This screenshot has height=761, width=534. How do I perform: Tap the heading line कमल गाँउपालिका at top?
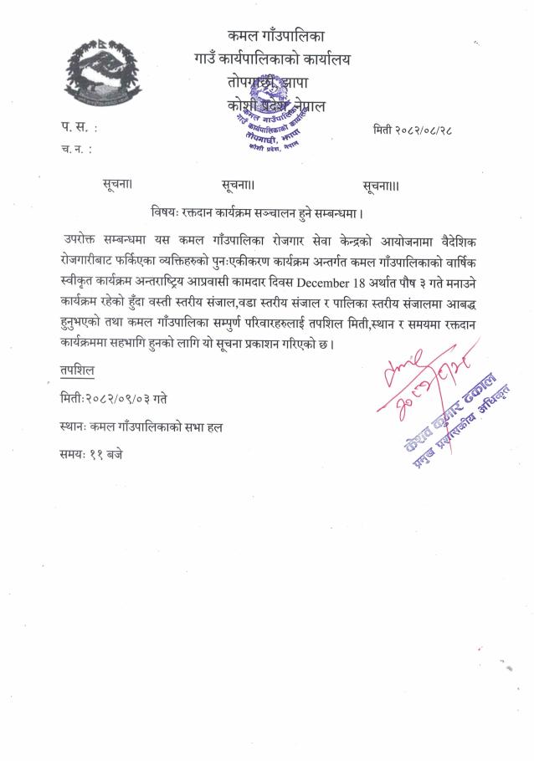click(275, 35)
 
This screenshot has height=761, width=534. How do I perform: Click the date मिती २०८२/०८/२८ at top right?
click(413, 130)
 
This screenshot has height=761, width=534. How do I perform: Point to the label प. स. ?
click(77, 128)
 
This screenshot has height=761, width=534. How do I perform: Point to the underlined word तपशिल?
click(75, 369)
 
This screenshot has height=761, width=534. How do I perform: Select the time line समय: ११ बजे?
click(91, 456)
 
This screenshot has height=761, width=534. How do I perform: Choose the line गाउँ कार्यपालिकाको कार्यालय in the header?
click(271, 59)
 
